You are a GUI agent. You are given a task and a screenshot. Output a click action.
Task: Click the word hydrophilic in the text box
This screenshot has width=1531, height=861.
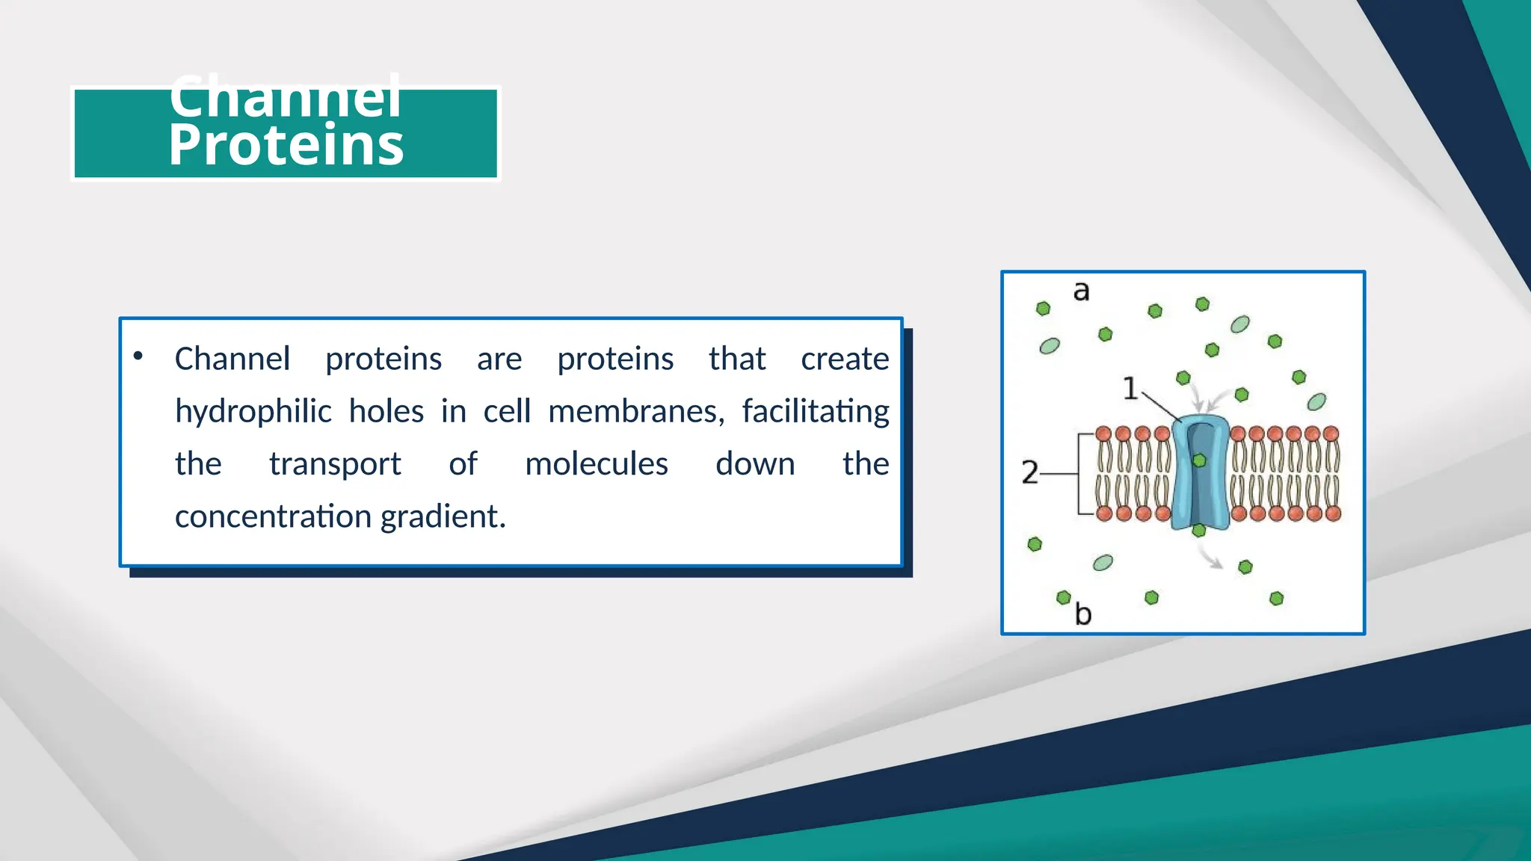coord(253,412)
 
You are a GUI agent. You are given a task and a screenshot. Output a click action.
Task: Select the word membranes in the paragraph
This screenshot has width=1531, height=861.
coord(635,412)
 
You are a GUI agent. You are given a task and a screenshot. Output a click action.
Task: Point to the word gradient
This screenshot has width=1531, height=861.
coord(443,516)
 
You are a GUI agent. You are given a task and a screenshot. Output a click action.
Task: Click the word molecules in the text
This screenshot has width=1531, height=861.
coord(596,464)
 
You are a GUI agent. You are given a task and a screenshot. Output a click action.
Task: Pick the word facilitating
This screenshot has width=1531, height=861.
coord(815,412)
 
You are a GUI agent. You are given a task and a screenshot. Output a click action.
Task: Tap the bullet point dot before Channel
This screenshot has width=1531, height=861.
coord(138,357)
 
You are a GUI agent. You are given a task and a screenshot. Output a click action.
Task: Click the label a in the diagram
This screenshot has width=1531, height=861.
coord(1081,291)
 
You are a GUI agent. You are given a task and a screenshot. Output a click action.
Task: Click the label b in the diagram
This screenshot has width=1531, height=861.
coord(1083,614)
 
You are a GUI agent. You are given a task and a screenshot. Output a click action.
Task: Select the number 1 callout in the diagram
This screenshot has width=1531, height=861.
coord(1130,389)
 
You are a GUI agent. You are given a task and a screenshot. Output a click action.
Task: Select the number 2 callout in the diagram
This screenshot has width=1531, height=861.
coord(1029,473)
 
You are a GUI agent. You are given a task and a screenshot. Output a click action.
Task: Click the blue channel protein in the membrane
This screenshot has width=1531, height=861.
coord(1179,478)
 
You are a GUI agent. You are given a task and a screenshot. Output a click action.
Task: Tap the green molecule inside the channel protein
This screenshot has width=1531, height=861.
coord(1199,460)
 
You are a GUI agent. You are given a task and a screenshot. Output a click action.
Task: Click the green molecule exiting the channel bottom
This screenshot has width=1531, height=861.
coord(1199,531)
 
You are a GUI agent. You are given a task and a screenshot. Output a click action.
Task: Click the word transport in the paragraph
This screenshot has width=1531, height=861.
coord(335,464)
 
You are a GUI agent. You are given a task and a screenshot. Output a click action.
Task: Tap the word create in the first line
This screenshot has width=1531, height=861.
coord(844,359)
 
